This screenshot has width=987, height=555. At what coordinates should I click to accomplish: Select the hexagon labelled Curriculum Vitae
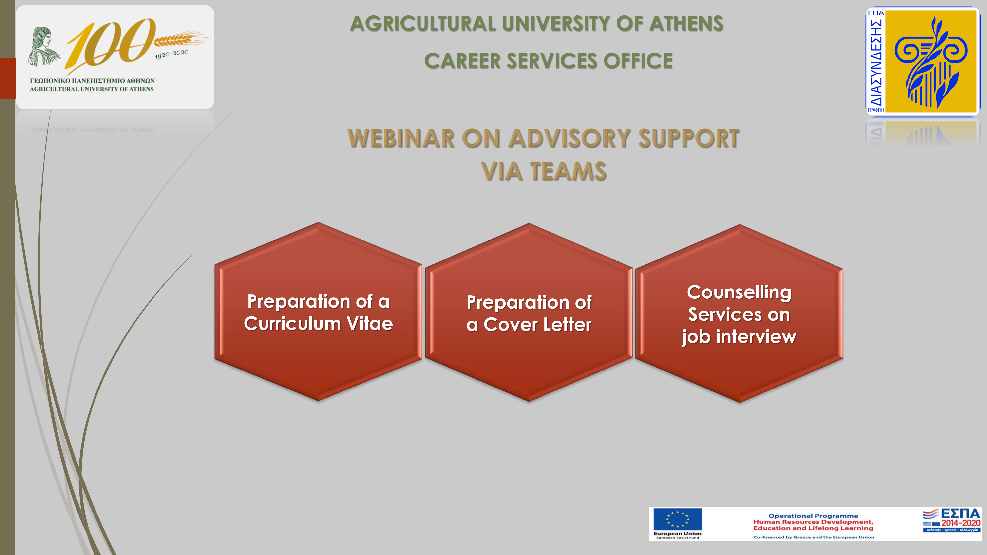coord(318,311)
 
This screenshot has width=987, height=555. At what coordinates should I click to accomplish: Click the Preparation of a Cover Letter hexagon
coord(529,312)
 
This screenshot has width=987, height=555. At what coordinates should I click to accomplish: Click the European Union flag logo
coord(677,519)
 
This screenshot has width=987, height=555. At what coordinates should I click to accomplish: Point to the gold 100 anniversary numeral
coord(111,44)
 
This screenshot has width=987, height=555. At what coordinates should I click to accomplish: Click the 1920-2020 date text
coord(172,54)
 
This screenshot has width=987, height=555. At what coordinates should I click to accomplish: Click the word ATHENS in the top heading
coord(686,24)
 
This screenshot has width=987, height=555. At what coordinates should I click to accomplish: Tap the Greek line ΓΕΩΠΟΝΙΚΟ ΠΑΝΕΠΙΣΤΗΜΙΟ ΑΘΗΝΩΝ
coord(92,81)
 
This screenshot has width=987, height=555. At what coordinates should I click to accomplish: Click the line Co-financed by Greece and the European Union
coord(814,537)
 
